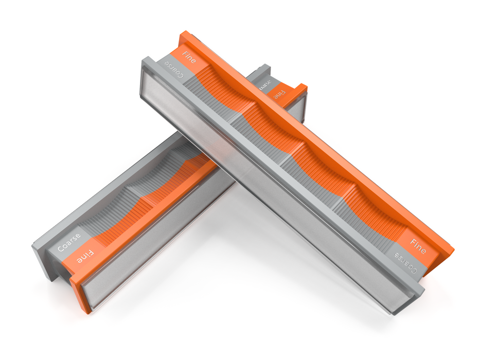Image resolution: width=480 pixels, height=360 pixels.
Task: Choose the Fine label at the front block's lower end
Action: pos(418,245)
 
